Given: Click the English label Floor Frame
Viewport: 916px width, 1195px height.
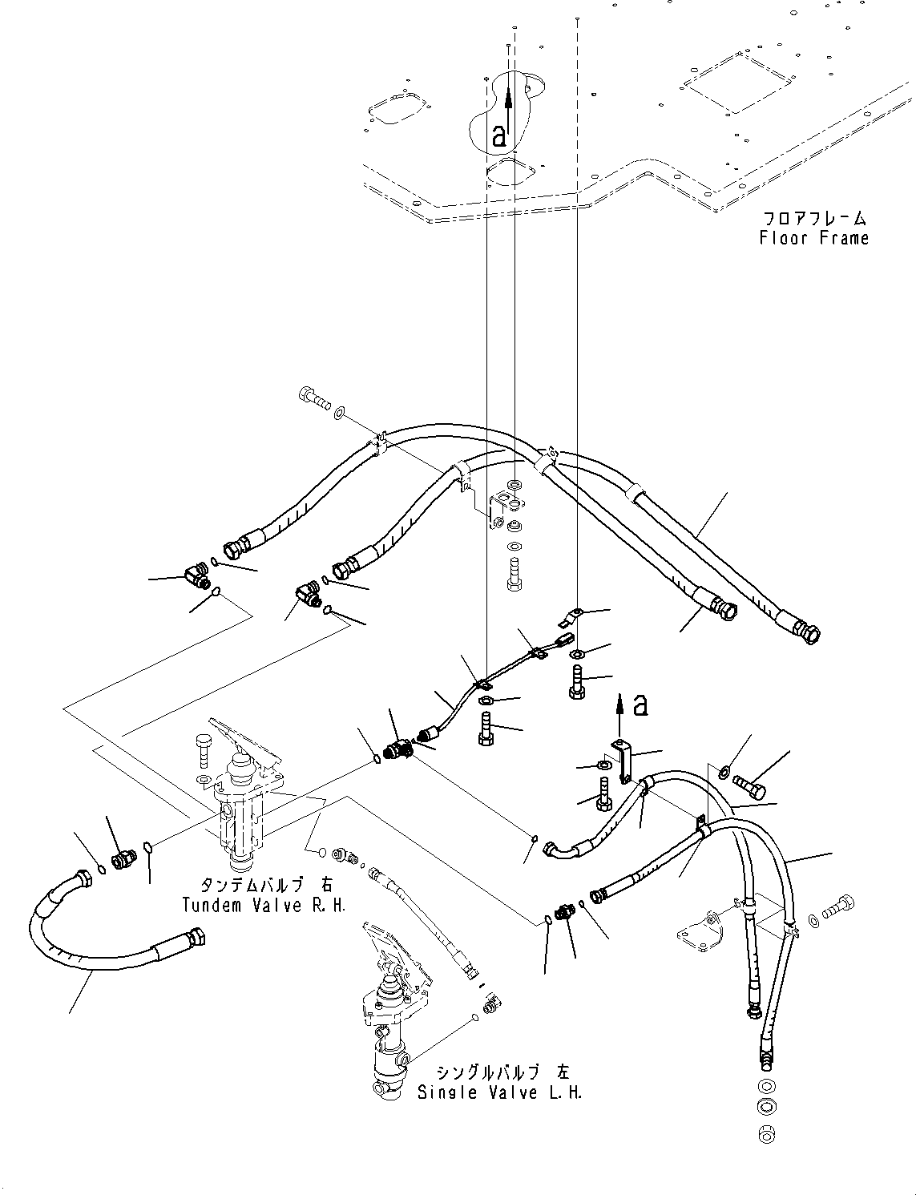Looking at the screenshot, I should point(813,238).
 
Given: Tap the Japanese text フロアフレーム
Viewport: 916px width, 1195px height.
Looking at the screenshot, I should point(813,218).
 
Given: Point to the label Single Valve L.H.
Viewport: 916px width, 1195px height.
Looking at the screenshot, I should point(499,1092).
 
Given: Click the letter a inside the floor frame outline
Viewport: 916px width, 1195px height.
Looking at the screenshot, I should point(499,135).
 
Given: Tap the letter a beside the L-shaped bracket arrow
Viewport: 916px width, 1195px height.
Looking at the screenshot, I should point(640,705).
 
